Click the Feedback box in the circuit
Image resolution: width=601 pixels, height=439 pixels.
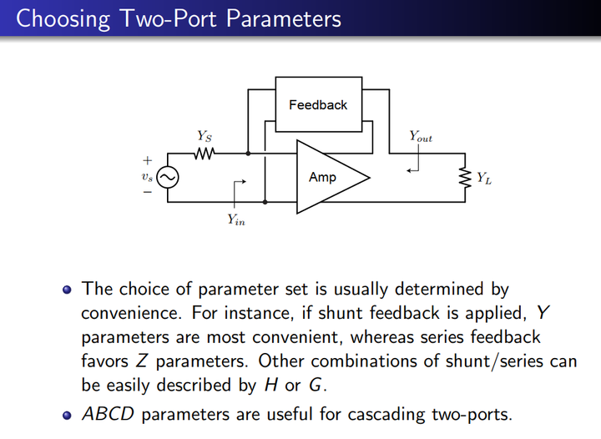click(317, 106)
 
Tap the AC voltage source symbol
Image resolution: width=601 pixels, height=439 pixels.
click(168, 177)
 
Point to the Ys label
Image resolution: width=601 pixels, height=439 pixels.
click(204, 135)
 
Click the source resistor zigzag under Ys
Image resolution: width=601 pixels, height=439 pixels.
click(205, 154)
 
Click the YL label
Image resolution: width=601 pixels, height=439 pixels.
click(483, 178)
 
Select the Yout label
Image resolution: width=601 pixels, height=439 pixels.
click(420, 135)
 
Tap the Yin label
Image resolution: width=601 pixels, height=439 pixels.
click(236, 219)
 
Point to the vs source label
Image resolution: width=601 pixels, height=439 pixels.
click(147, 177)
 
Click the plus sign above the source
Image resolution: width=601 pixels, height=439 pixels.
click(148, 160)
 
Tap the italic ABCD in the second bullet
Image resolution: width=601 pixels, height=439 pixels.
click(107, 414)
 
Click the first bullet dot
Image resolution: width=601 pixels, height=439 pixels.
click(68, 290)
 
